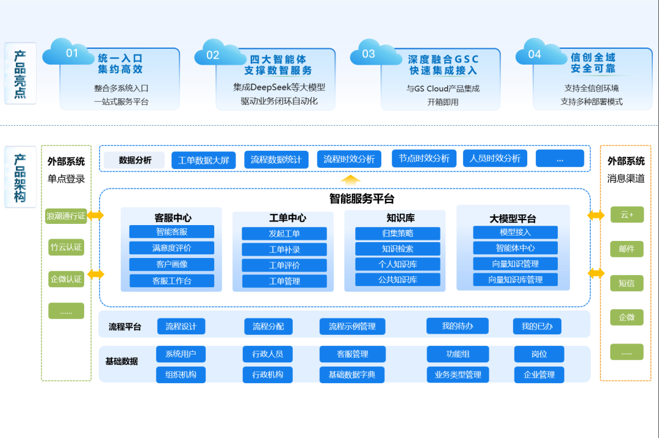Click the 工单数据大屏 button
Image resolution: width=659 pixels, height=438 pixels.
click(203, 160)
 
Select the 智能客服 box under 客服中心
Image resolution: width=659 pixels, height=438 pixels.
click(171, 232)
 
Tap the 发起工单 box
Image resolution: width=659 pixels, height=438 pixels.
click(284, 234)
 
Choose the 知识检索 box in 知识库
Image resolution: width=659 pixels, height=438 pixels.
click(397, 249)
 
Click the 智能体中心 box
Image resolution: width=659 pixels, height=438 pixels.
click(515, 248)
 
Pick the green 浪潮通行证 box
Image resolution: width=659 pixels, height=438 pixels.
click(66, 215)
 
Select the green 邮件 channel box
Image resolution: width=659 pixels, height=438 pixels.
click(627, 249)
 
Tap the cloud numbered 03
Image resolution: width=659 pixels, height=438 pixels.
click(369, 54)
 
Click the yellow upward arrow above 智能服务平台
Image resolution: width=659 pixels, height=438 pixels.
click(351, 179)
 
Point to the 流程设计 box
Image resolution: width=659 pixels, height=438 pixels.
click(181, 326)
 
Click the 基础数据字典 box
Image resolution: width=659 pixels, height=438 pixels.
click(352, 375)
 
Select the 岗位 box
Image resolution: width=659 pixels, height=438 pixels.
click(539, 354)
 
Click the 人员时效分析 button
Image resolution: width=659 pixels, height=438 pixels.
click(495, 159)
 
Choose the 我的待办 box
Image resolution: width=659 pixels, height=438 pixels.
click(458, 326)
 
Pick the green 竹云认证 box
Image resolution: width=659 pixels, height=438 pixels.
click(66, 247)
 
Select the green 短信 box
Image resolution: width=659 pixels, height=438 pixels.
click(627, 283)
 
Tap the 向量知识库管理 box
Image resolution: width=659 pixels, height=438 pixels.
click(515, 280)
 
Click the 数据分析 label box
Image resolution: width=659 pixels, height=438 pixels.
click(135, 160)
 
